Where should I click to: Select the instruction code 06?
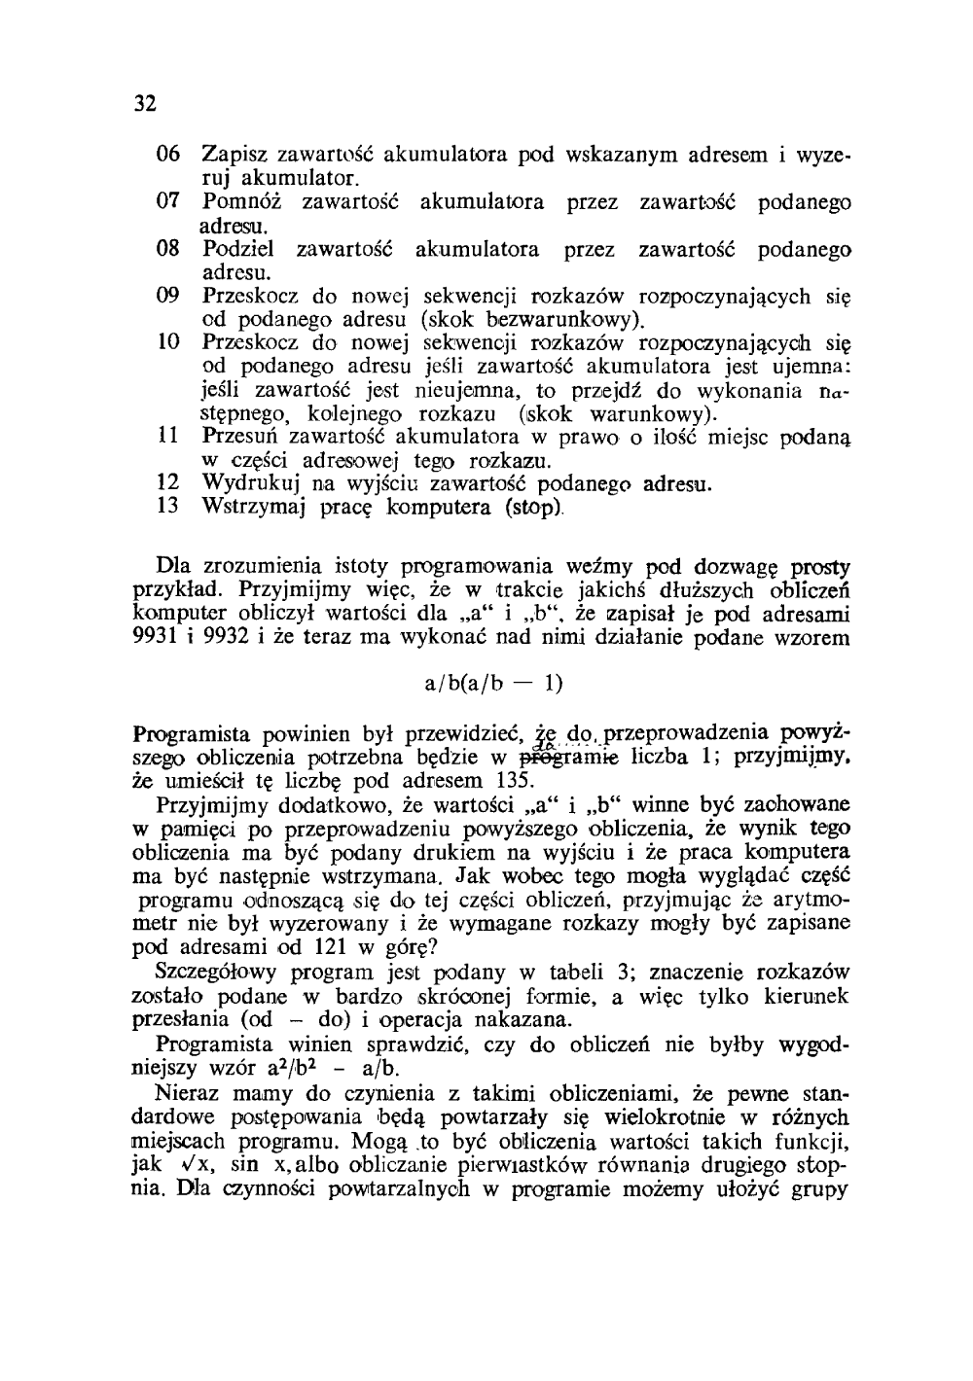pyautogui.click(x=168, y=155)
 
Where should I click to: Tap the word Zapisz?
pyautogui.click(x=236, y=155)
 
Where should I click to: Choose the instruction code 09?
pyautogui.click(x=168, y=296)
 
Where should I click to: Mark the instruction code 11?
pyautogui.click(x=168, y=437)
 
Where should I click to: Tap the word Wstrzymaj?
pyautogui.click(x=250, y=507)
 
